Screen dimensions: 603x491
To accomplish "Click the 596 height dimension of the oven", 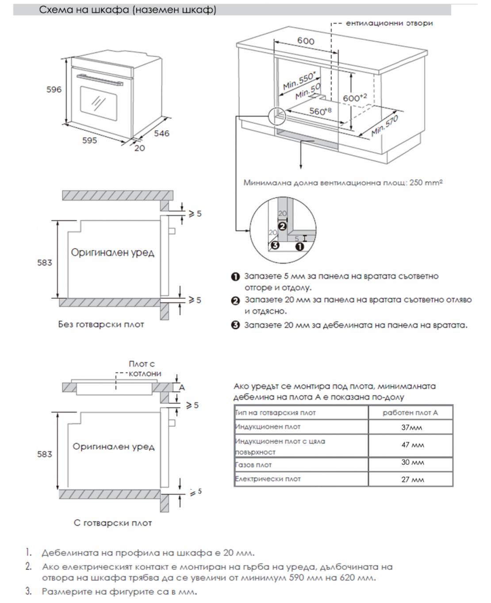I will [54, 89].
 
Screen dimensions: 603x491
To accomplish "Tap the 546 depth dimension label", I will [161, 133].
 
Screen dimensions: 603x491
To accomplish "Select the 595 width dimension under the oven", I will [89, 140].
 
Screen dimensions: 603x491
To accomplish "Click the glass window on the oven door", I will [99, 103].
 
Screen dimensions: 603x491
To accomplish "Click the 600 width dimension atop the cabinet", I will [306, 41].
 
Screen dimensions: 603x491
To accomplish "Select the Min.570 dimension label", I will [385, 126].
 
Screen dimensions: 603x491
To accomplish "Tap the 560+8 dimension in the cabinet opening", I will [320, 111].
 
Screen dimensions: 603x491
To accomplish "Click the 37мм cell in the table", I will [411, 427].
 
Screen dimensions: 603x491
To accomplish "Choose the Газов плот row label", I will [253, 465].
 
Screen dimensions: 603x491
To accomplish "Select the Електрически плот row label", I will [268, 479].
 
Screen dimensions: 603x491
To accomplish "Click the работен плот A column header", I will [410, 413].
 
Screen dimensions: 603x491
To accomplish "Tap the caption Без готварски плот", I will [101, 325].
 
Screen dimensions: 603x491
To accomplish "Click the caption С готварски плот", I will [112, 523].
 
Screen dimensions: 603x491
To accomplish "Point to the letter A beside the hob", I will [181, 387].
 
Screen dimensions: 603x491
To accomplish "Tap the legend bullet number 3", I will [236, 325].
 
